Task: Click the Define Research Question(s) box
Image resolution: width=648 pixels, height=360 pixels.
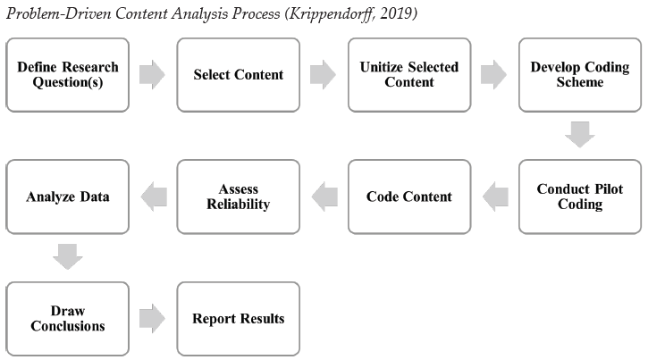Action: tap(68, 75)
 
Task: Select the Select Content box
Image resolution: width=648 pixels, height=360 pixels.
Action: tap(239, 75)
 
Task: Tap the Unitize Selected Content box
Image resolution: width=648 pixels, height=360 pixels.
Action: tap(409, 75)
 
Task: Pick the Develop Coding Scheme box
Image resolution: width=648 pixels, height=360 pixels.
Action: tap(580, 75)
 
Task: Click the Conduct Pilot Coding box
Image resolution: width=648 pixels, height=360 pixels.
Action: tap(580, 197)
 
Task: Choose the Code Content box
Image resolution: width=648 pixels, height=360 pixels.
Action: tap(409, 197)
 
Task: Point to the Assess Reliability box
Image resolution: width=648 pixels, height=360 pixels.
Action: tap(239, 197)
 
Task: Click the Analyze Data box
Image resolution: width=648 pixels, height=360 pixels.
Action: tap(68, 197)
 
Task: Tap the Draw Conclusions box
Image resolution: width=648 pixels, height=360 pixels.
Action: tap(68, 319)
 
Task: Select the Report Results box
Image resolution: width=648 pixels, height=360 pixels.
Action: tap(239, 319)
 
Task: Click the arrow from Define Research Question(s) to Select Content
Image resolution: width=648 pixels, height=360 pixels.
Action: tap(153, 75)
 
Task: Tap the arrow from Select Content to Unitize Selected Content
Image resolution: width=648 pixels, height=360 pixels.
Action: tap(324, 75)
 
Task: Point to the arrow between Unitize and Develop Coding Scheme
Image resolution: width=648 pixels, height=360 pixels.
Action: tap(494, 75)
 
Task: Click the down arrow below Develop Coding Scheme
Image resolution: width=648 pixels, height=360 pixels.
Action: tap(580, 135)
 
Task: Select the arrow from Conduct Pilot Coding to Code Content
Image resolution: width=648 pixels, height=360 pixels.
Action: tap(495, 197)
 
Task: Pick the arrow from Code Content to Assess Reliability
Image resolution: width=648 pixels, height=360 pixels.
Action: tap(324, 197)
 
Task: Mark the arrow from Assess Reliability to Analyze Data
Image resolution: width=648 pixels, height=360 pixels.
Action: tap(154, 197)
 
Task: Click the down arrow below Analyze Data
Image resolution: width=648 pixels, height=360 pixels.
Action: tap(68, 256)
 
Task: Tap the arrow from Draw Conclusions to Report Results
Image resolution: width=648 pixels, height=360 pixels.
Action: tap(153, 319)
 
